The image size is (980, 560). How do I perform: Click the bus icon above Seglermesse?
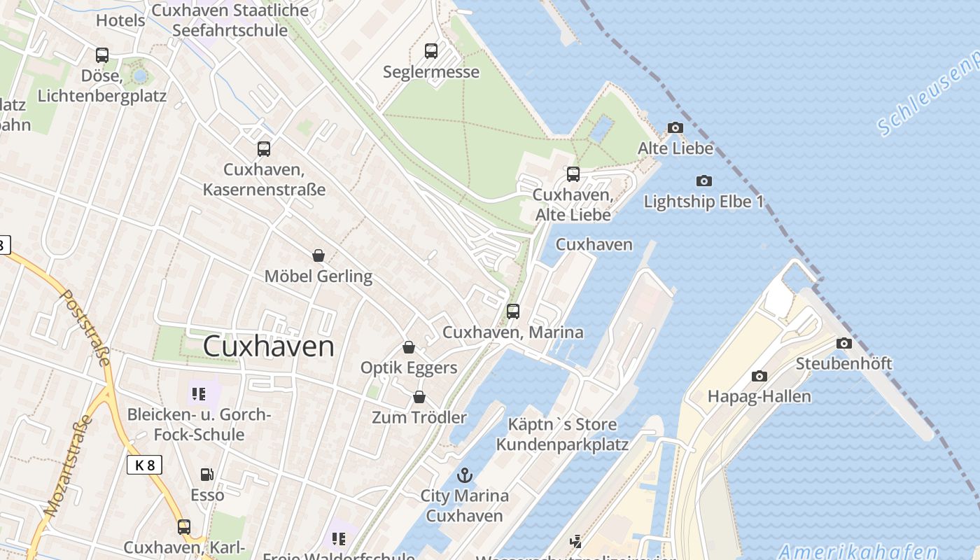[x=430, y=51]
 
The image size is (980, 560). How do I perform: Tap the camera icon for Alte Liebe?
[x=675, y=127]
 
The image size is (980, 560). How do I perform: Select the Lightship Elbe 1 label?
[x=703, y=202]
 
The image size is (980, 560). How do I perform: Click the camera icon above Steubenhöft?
[x=844, y=343]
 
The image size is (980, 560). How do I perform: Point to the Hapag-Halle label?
[x=759, y=396]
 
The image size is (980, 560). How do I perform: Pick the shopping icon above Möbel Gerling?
[x=318, y=255]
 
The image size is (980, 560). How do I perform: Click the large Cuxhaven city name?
[x=269, y=346]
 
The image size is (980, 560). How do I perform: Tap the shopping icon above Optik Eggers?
[x=409, y=347]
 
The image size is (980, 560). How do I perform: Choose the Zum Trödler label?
[x=419, y=417]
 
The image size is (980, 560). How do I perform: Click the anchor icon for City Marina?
[x=464, y=476]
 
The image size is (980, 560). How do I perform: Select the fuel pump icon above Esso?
[x=206, y=475]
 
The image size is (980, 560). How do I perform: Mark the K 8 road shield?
[x=144, y=464]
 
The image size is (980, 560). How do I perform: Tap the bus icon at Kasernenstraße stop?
[x=263, y=148]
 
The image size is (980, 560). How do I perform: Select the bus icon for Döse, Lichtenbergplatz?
[x=102, y=55]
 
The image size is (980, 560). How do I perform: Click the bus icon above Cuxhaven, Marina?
[x=513, y=311]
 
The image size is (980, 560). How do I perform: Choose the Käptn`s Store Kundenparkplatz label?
[x=562, y=434]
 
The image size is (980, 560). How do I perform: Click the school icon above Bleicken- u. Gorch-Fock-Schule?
[x=199, y=394]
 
